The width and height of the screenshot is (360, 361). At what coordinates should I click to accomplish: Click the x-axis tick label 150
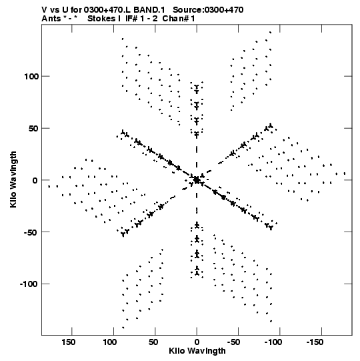(x=68, y=342)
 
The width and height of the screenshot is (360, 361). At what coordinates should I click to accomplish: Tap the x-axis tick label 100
(x=110, y=342)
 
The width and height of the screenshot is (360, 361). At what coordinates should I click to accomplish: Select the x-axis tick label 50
(x=153, y=342)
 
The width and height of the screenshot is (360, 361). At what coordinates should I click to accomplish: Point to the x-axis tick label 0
(x=197, y=342)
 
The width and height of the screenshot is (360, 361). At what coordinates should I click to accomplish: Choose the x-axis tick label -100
(x=273, y=342)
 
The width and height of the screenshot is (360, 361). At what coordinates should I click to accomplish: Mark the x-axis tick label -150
(x=315, y=342)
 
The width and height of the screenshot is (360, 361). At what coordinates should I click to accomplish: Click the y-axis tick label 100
(x=31, y=76)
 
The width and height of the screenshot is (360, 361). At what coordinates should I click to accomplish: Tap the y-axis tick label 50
(x=33, y=129)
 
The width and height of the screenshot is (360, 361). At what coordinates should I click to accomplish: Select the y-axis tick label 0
(x=35, y=180)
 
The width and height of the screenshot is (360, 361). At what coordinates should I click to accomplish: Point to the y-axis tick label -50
(x=31, y=232)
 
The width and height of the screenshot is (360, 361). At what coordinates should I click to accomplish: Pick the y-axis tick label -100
(x=29, y=284)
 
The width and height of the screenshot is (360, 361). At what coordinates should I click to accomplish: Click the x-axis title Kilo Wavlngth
(x=197, y=351)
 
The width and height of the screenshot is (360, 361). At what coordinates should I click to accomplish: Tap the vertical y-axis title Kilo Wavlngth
(x=13, y=179)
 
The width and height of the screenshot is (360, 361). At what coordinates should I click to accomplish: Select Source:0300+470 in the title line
(x=208, y=10)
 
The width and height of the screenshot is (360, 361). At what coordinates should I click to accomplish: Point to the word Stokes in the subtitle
(x=101, y=19)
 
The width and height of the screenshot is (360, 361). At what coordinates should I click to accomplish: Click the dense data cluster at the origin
(x=197, y=180)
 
